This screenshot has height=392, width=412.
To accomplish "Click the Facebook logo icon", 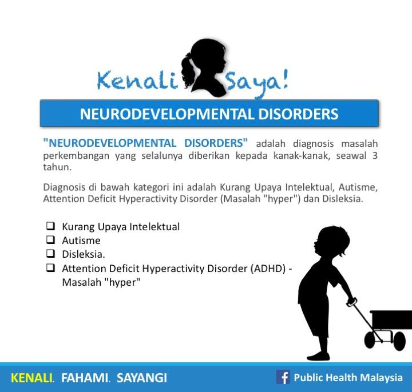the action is point(283,377).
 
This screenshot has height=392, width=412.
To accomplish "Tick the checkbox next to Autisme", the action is point(50,239).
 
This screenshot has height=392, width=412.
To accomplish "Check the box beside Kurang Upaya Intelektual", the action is point(50,226).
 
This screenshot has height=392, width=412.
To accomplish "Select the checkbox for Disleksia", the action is point(50,254).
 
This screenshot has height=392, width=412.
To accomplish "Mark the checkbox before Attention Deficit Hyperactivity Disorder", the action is point(50,267).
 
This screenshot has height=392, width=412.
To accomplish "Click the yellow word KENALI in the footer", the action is point(32,378).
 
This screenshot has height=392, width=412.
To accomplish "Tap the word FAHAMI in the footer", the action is point(85,378).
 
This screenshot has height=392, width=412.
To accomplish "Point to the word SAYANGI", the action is point(142,378).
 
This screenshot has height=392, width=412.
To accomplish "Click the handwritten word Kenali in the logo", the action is point(137,81).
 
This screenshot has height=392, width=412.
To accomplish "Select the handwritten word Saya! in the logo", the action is point(257,83).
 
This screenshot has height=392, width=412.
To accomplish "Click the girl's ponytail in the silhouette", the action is point(189,70).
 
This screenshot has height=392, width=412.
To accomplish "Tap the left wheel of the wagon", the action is point(372,340).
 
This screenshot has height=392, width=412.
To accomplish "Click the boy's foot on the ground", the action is point(318,356).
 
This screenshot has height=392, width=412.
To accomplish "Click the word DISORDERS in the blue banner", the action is point(298,114).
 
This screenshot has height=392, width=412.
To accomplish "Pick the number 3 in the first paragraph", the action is point(375,155).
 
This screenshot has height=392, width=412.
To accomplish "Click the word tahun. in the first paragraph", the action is point(57,167).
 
